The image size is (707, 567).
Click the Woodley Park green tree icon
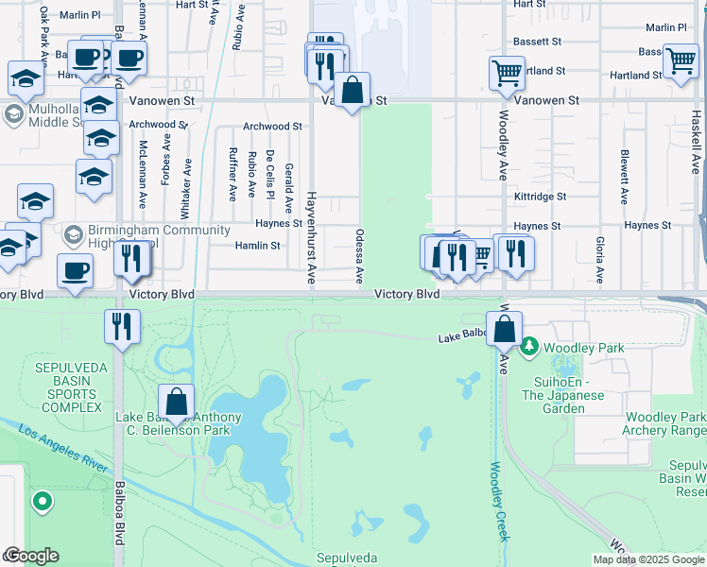point(529,347)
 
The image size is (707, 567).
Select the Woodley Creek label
point(500,502)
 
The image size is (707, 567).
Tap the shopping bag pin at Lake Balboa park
point(177,403)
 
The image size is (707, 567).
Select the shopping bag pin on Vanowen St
point(353,92)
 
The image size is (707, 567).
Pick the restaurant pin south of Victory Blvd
point(122,327)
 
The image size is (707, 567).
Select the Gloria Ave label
point(599,260)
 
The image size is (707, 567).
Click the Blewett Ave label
point(625,177)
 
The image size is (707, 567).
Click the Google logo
point(31,556)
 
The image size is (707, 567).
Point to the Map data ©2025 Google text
point(647,559)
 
